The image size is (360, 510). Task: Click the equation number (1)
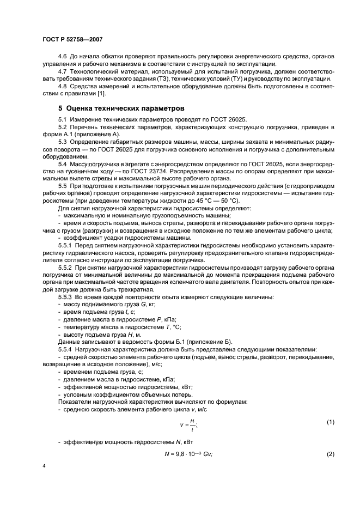click(x=330, y=422)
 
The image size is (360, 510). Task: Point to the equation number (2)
click(x=330, y=454)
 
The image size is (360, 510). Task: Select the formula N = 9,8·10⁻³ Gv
click(x=188, y=454)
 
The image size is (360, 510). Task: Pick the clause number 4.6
click(x=63, y=57)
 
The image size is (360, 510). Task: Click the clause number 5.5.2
click(x=66, y=269)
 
